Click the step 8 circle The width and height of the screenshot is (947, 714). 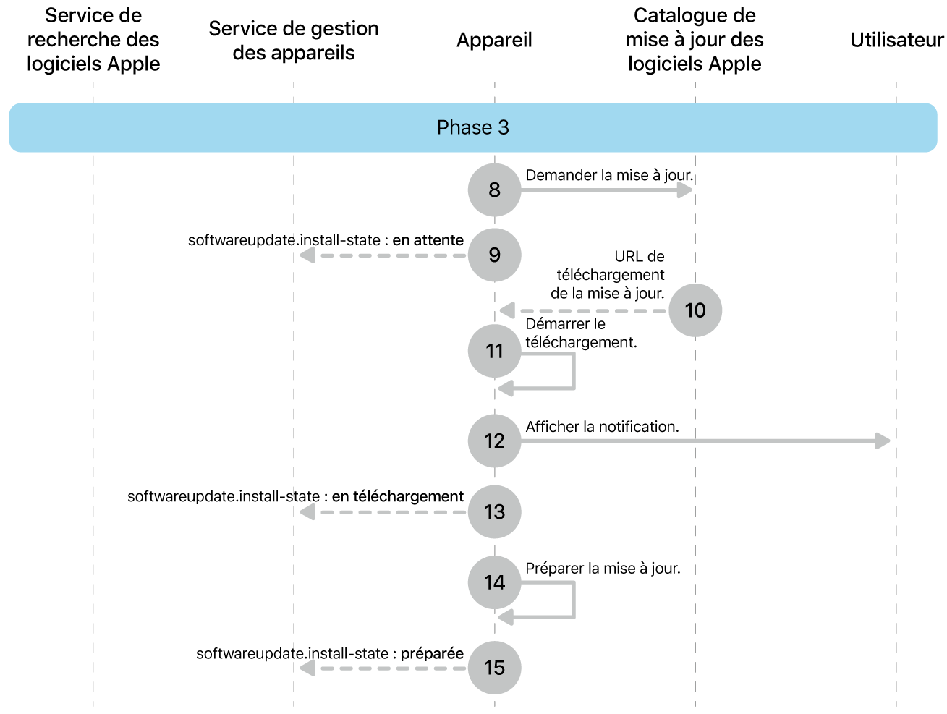[494, 190]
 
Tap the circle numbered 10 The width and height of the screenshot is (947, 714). [695, 310]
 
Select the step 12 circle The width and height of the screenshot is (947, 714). [494, 441]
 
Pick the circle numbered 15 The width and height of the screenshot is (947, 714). [494, 668]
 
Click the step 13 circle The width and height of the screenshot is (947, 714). [494, 512]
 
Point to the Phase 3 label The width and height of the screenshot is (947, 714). [473, 127]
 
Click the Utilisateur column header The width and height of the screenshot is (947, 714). [896, 40]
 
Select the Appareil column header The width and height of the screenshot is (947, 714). [494, 40]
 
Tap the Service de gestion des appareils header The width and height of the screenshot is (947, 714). [294, 41]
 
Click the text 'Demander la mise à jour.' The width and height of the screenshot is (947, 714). [609, 175]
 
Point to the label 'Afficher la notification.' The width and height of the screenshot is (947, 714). [602, 427]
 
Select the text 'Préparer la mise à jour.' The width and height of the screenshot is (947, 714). [603, 569]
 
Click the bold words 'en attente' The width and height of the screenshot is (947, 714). [428, 240]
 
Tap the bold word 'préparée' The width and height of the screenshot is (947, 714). [432, 653]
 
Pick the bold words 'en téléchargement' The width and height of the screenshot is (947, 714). [398, 496]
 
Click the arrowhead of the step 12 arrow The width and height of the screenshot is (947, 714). [883, 441]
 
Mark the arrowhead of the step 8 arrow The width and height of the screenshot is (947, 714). [684, 190]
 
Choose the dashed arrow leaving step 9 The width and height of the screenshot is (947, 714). [383, 255]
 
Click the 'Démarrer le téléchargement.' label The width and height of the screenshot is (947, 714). [581, 333]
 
